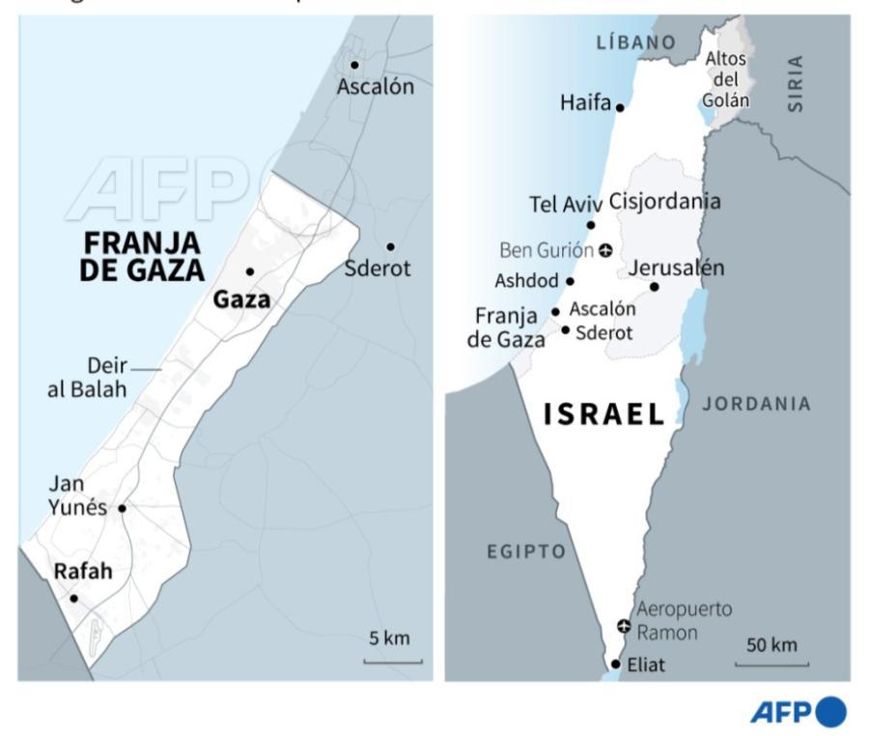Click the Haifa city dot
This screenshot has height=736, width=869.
coord(620,107)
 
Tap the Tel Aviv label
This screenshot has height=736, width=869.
coord(566,205)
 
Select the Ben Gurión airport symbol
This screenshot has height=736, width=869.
coord(605,251)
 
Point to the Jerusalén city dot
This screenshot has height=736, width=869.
coord(654,287)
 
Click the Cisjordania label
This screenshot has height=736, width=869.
coord(664,202)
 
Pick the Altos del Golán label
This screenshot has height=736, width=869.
coord(725,78)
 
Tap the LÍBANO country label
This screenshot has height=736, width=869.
coord(634,42)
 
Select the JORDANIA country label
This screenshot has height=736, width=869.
coord(756,405)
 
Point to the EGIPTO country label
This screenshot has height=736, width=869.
coord(525,552)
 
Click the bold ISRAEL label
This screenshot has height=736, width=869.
coord(604,415)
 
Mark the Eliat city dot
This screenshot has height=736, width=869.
coord(616,664)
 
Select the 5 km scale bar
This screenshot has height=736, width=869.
coord(392,661)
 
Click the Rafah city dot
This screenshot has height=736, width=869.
coord(73,598)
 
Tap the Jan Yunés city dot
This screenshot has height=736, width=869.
coord(122,508)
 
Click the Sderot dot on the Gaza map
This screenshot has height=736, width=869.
coord(390,246)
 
